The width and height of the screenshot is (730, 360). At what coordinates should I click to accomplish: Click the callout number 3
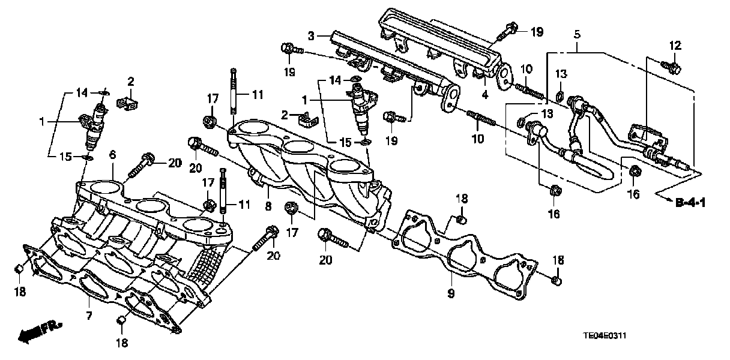coord(311,37)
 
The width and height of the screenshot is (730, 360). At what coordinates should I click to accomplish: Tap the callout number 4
coord(485,95)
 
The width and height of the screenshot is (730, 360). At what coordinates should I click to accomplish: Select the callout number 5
coord(577,34)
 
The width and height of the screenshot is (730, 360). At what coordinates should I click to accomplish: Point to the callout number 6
coord(112,156)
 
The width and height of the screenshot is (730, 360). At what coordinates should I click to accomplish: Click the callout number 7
coord(88,316)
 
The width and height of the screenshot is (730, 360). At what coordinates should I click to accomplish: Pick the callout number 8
coord(268,206)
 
